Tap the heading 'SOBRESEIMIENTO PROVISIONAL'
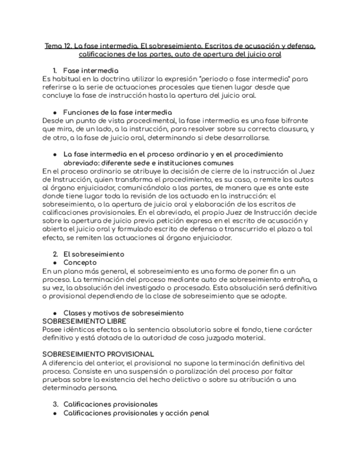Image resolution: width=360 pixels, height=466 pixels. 98,354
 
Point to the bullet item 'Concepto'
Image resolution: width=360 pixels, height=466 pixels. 80,263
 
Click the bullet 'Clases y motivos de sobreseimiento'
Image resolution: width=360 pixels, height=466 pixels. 124,313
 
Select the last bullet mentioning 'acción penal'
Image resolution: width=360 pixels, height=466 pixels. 136,413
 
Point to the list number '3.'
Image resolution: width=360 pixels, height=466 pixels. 56,404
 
